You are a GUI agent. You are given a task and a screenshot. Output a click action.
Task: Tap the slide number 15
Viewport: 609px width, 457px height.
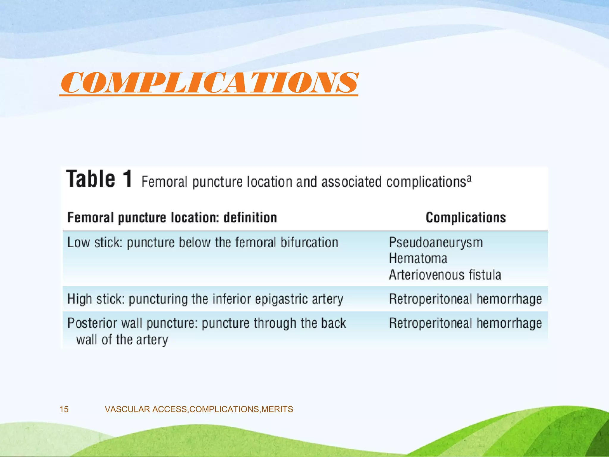[64, 409]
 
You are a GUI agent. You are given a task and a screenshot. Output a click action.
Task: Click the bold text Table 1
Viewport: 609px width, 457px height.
[99, 179]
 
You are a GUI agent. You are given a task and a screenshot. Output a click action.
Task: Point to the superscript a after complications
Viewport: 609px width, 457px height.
[469, 179]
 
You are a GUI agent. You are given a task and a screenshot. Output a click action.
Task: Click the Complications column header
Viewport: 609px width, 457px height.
[465, 217]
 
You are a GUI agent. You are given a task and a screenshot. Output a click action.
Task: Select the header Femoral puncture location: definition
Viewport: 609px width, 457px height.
[172, 217]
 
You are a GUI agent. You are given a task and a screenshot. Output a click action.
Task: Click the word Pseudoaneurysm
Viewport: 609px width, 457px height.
[436, 242]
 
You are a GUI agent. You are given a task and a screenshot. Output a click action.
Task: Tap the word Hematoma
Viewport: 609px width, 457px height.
[418, 259]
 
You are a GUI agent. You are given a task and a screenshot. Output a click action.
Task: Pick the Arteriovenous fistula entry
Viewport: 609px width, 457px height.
[445, 275]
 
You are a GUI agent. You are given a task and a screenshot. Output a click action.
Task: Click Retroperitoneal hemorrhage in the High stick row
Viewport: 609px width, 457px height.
[465, 299]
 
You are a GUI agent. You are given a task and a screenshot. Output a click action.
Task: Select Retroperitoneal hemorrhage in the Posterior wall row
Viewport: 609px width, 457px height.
[465, 323]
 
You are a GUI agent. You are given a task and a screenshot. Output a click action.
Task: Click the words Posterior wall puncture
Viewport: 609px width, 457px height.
[132, 323]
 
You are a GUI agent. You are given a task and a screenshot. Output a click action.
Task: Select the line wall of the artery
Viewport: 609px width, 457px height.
[122, 340]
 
